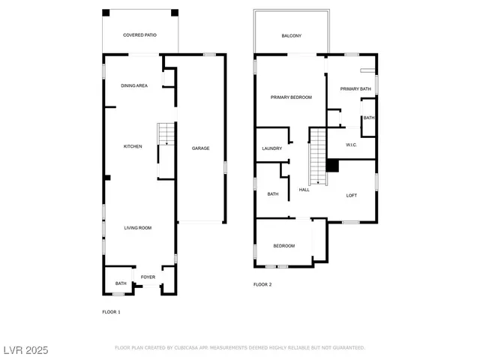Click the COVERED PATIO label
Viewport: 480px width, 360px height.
click(x=139, y=35)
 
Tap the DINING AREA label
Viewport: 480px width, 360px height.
click(x=134, y=85)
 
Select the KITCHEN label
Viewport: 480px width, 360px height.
click(x=133, y=146)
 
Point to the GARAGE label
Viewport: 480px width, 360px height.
click(x=200, y=148)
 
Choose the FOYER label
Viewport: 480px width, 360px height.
click(x=148, y=277)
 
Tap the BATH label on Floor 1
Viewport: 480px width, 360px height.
click(x=121, y=283)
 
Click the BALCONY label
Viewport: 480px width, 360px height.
click(x=292, y=36)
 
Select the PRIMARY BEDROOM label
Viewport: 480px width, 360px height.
click(x=291, y=97)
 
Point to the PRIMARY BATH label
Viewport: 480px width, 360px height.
click(x=355, y=89)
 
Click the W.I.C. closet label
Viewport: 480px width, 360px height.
click(x=351, y=144)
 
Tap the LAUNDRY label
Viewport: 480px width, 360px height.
click(x=271, y=148)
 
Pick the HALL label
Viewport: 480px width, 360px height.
click(x=304, y=190)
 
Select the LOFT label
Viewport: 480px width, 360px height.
click(x=351, y=195)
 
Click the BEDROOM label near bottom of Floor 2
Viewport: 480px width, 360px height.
click(x=283, y=246)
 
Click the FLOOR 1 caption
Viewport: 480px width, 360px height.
click(x=111, y=311)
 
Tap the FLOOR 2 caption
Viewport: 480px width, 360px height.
click(x=262, y=284)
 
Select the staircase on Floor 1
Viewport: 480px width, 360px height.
click(x=165, y=134)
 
